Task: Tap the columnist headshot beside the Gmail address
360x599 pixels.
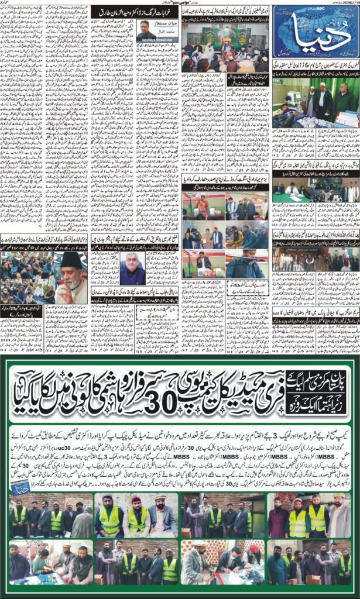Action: pyautogui.click(x=144, y=27)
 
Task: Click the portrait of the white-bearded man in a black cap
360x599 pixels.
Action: pyautogui.click(x=71, y=279)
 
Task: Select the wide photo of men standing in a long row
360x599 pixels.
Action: pyautogui.click(x=315, y=260)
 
